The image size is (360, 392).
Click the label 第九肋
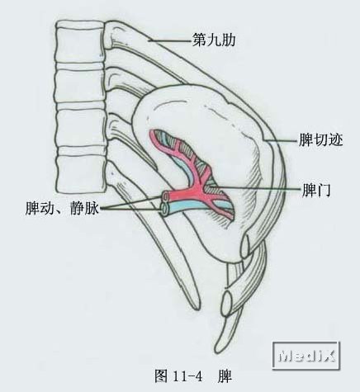[x=214, y=40]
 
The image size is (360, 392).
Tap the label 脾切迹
[x=321, y=139]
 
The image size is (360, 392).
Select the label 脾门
[x=316, y=190]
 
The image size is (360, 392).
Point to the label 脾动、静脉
[x=62, y=208]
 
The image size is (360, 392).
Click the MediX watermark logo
[x=306, y=355]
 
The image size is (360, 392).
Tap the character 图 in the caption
[x=161, y=375]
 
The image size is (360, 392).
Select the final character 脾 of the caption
[x=225, y=376]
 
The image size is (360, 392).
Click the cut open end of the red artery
[x=166, y=196]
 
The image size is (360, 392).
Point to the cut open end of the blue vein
[x=164, y=209]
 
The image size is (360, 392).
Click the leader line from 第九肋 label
[x=169, y=41]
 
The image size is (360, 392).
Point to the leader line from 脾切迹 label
[x=282, y=140]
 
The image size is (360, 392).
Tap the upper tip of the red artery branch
[x=152, y=134]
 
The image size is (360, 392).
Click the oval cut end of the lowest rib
[x=227, y=304]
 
